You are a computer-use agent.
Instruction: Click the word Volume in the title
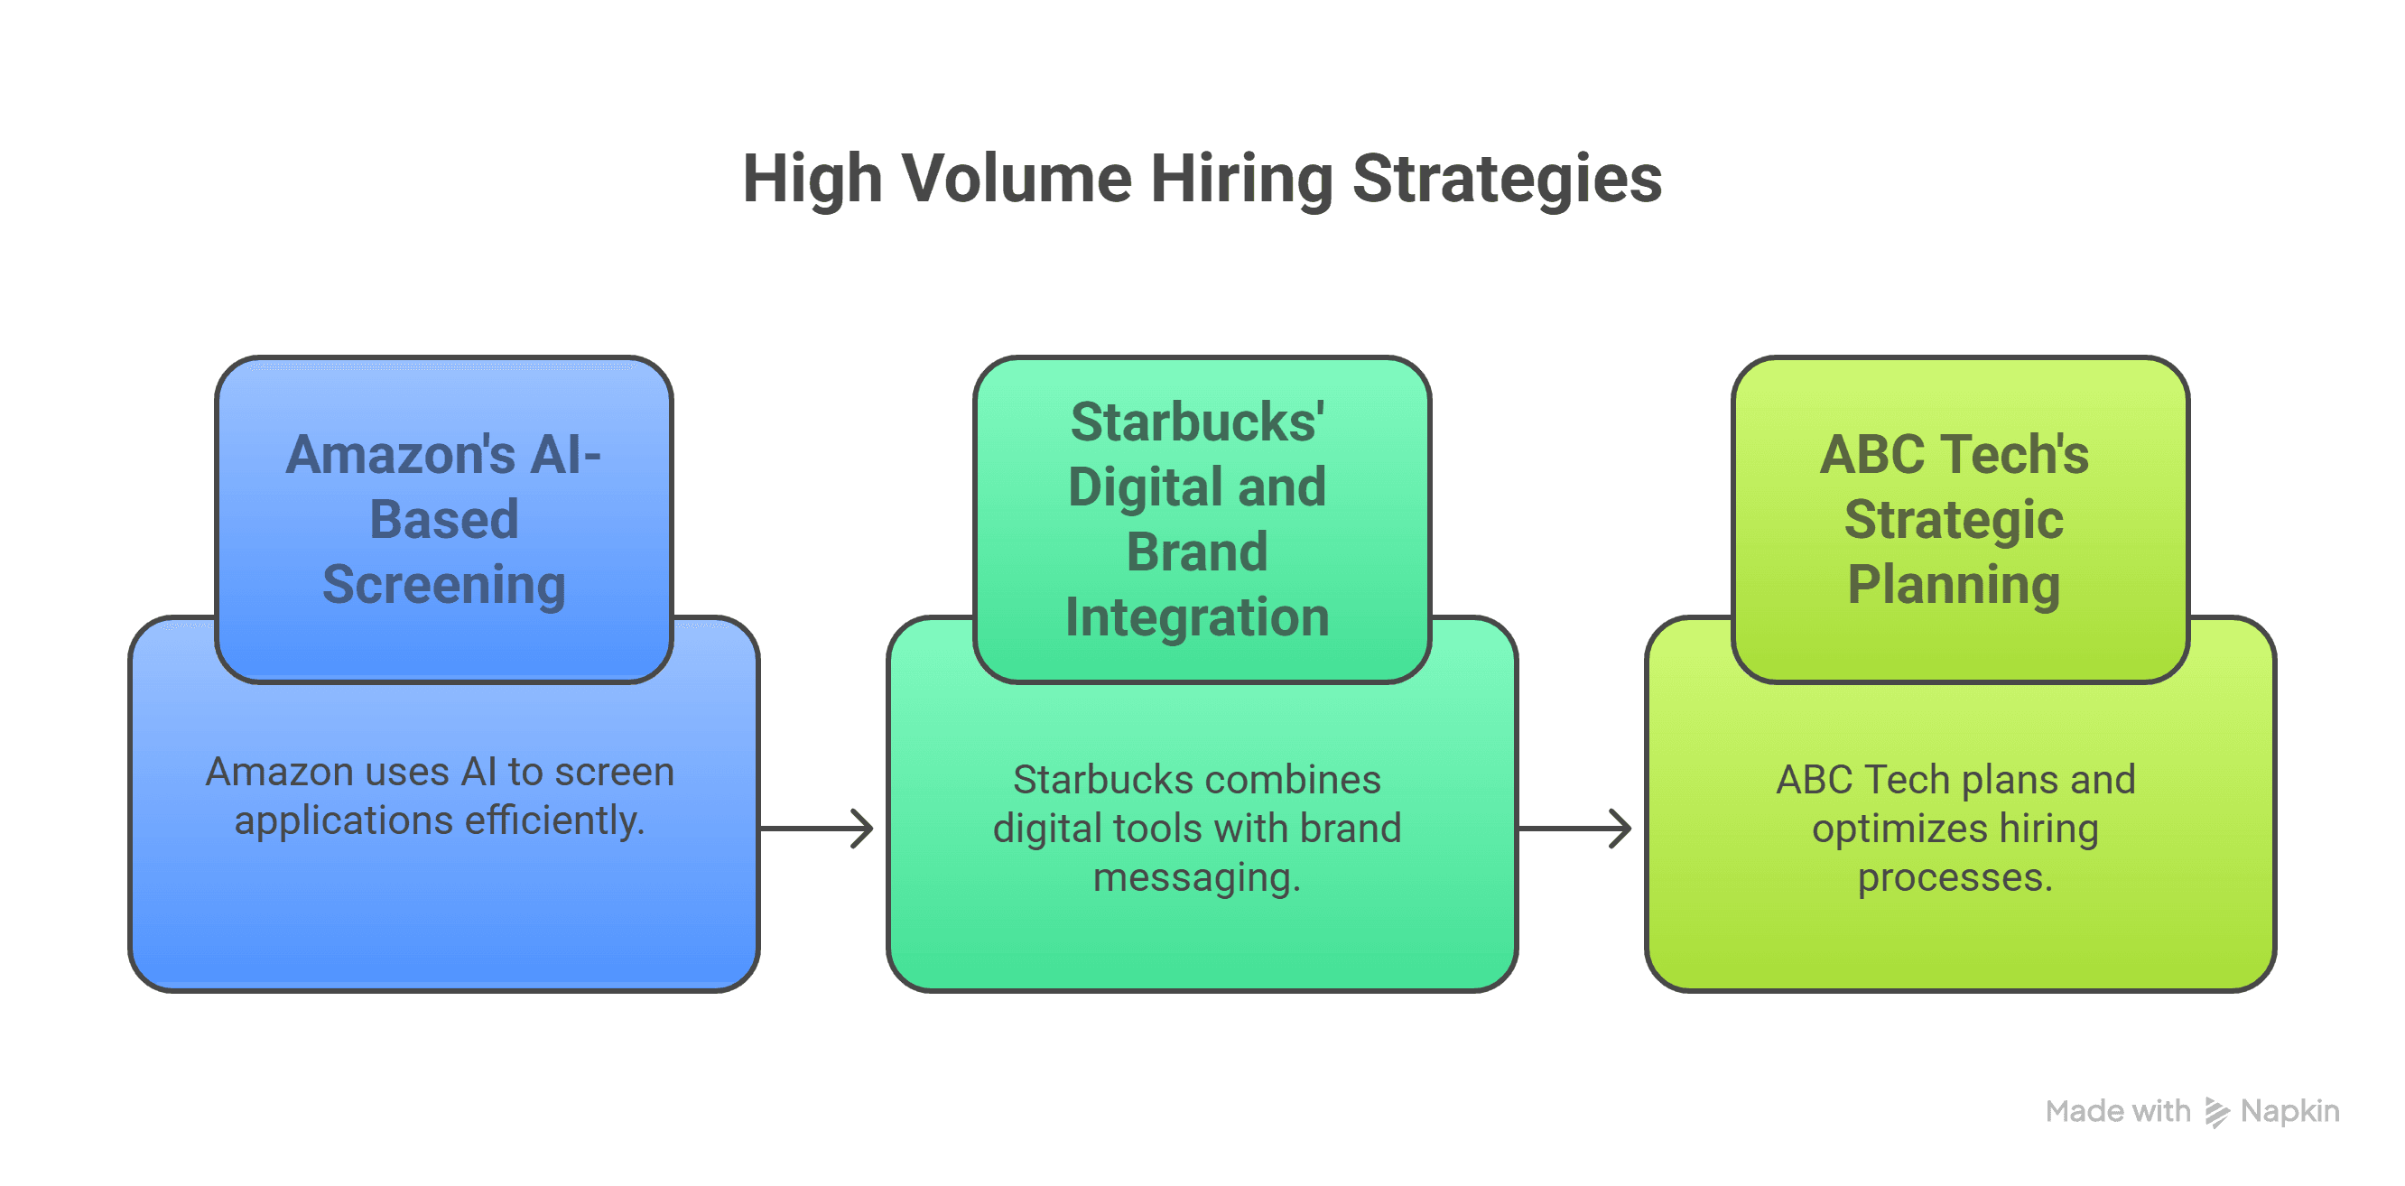(1016, 178)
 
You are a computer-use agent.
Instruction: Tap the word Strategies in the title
(1507, 178)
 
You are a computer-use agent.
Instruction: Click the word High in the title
(812, 178)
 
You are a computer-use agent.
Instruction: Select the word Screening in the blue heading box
(443, 585)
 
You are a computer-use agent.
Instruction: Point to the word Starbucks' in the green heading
(1197, 422)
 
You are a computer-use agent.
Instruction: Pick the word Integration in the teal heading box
(1197, 617)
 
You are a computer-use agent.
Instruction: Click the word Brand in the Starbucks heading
(1197, 552)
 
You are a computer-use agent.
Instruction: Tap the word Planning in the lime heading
(1953, 585)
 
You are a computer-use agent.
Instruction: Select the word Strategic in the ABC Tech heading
(1953, 520)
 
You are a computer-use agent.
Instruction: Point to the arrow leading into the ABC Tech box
(1577, 828)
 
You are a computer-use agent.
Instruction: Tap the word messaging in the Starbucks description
(1195, 878)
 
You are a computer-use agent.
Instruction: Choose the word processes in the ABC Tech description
(1954, 878)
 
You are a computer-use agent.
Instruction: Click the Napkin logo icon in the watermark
(2216, 1111)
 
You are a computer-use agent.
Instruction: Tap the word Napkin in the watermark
(2290, 1111)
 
